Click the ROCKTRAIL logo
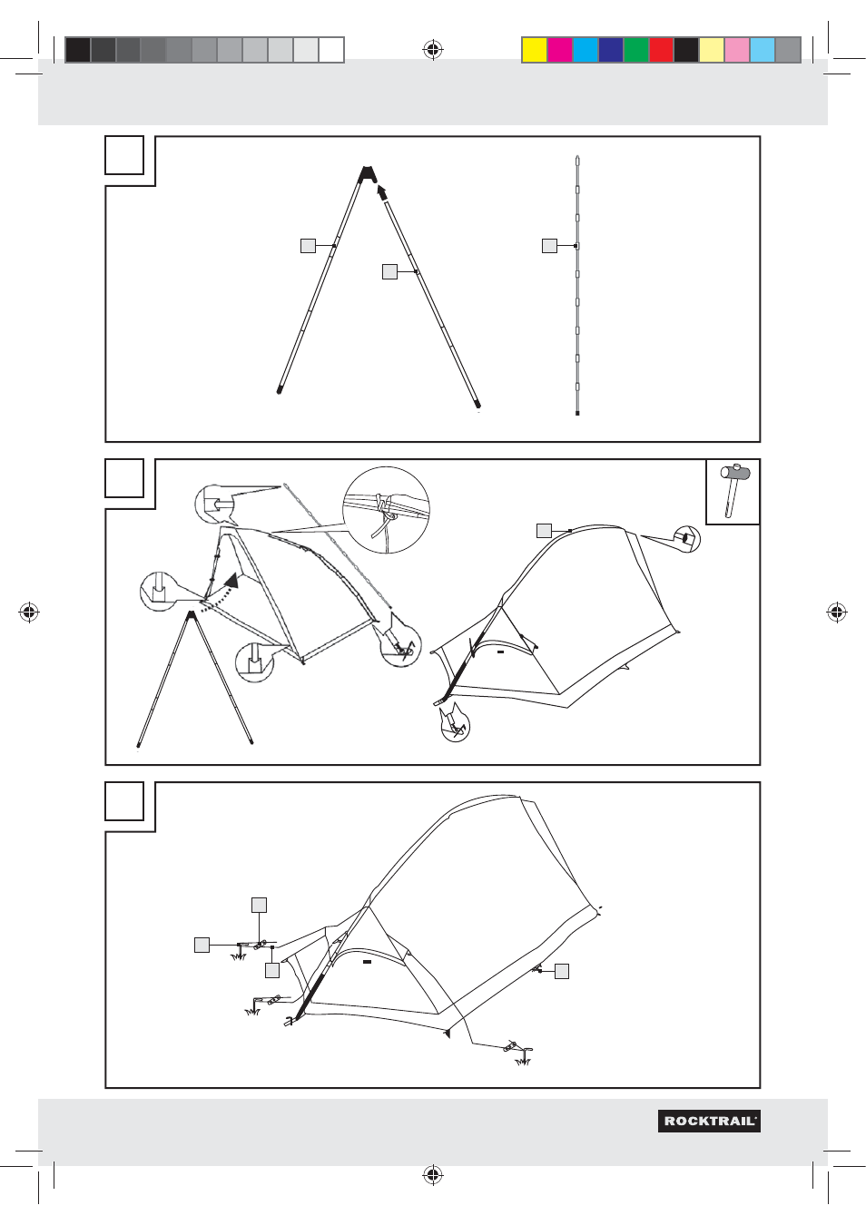click(709, 1121)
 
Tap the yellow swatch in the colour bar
click(535, 50)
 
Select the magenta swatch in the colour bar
click(560, 50)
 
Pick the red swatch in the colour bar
click(661, 50)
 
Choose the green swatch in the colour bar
click(635, 50)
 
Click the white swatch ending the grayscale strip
click(331, 50)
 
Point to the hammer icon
click(733, 491)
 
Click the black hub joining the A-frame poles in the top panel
click(366, 173)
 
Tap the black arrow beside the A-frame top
click(382, 191)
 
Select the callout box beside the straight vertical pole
click(549, 245)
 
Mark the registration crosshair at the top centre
click(433, 50)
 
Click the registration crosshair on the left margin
click(29, 612)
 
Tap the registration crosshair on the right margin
click(836, 612)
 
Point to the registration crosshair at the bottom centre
click(433, 1175)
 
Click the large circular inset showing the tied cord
click(386, 510)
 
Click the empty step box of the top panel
click(124, 155)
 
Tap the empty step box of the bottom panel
click(124, 801)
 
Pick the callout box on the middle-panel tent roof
click(544, 531)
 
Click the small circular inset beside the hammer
click(687, 539)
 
